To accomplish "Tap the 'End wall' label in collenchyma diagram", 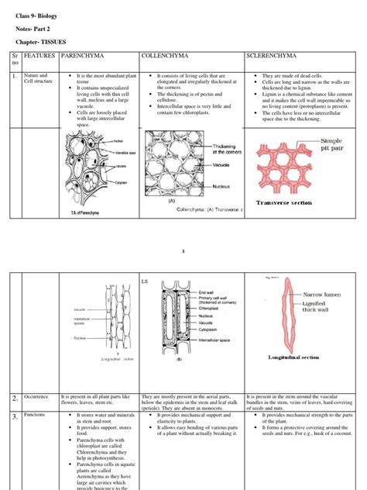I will (207, 292).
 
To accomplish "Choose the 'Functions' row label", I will (36, 416).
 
